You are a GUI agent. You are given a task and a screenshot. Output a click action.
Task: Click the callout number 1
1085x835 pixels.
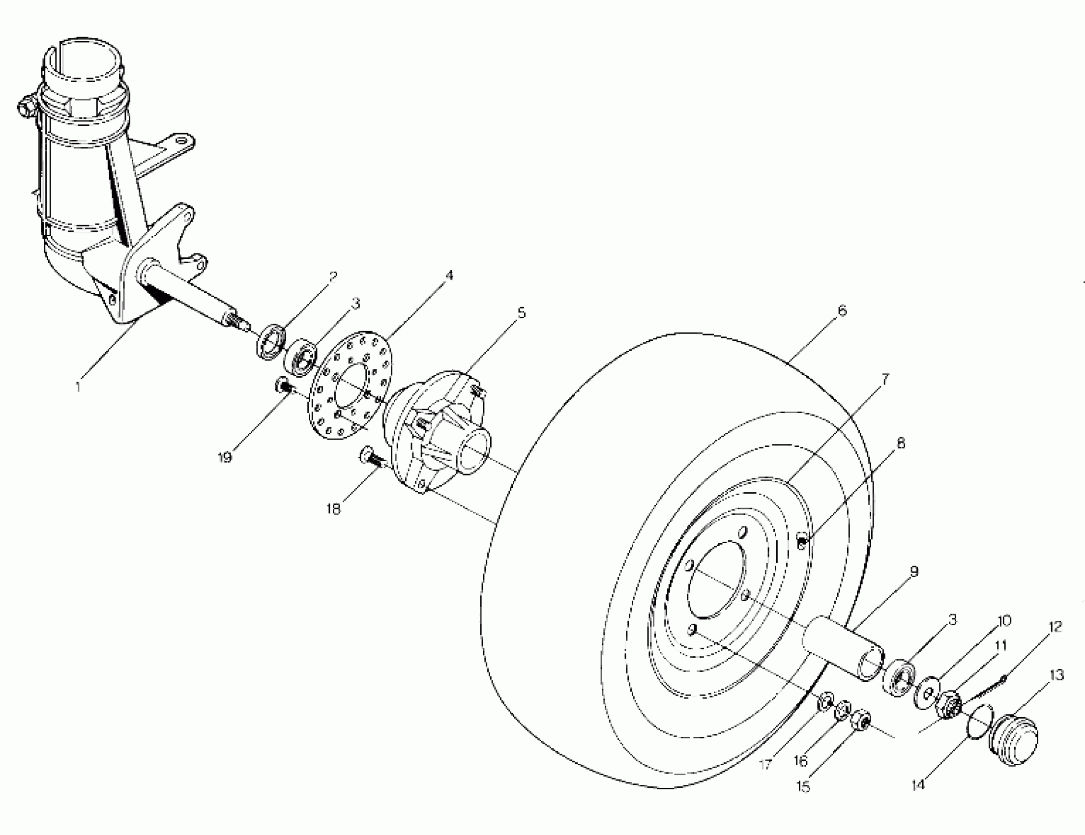click(78, 387)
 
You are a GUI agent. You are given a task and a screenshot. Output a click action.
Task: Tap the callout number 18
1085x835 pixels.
click(334, 509)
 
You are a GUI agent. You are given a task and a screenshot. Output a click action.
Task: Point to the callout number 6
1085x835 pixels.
click(842, 311)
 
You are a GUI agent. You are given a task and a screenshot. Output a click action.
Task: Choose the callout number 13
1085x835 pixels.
click(1057, 675)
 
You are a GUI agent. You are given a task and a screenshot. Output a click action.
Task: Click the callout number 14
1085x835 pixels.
click(918, 785)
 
